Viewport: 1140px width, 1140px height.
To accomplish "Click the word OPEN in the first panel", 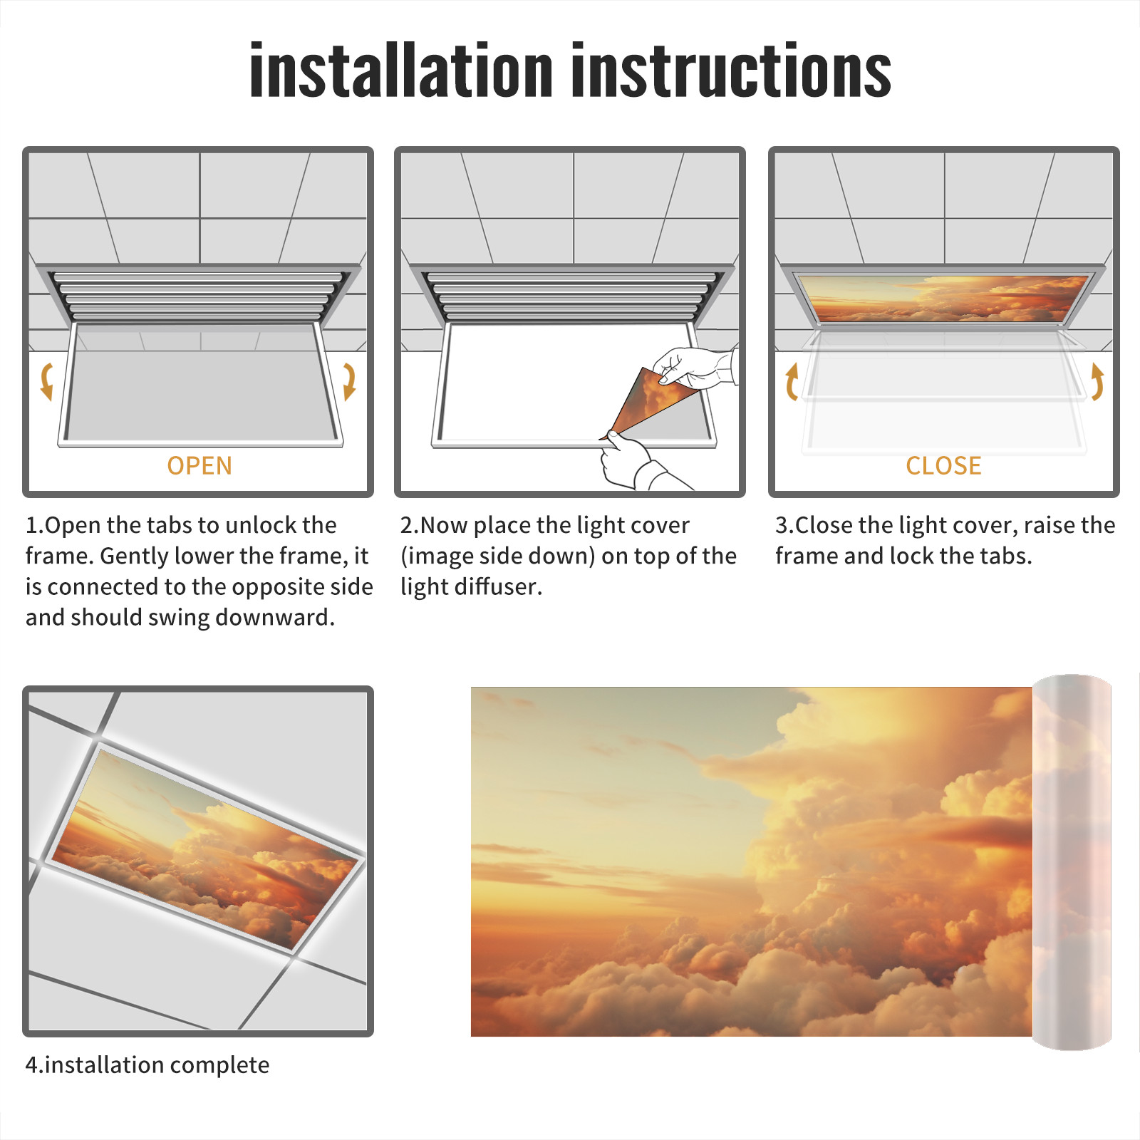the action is pos(199,466).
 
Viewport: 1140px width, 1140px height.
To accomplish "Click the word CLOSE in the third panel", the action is pos(943,466).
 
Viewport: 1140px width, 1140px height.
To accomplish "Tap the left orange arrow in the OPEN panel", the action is pos(47,381).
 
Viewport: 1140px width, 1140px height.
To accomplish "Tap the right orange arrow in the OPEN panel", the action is pos(349,381).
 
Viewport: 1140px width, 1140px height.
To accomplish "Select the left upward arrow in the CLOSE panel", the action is pos(790,382).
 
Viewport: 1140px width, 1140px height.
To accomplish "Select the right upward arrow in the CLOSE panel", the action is pos(1098,382).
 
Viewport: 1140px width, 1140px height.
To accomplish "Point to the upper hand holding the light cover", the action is pos(695,368).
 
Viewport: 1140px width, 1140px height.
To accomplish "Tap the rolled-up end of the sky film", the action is pos(1072,862).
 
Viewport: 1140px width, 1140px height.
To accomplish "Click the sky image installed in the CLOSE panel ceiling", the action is pos(943,299).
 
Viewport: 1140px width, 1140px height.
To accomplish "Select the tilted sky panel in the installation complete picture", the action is pos(206,848).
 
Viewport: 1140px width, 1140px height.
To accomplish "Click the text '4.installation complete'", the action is pos(147,1065).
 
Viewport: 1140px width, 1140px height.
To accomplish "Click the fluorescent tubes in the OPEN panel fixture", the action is pos(197,296).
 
